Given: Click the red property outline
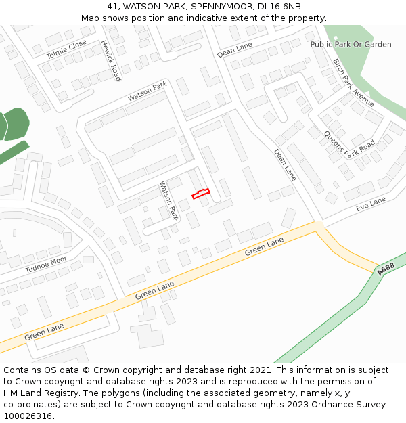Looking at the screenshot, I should [201, 194].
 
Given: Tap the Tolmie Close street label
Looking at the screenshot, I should [66, 49].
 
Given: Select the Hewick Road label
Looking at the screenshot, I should [110, 60].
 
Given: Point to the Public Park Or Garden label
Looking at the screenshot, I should [351, 44].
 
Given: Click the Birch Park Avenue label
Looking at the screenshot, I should [353, 83].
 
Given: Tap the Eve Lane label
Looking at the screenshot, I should [370, 204].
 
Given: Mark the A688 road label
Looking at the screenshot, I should [386, 269].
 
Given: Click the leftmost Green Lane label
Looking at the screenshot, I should [44, 332].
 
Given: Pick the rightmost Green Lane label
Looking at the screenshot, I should [264, 247].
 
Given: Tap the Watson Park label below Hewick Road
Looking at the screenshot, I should [147, 92].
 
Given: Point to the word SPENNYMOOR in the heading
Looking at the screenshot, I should [214, 6].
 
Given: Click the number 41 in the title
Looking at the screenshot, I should [112, 6].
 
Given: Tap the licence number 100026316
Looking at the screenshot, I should [27, 416].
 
